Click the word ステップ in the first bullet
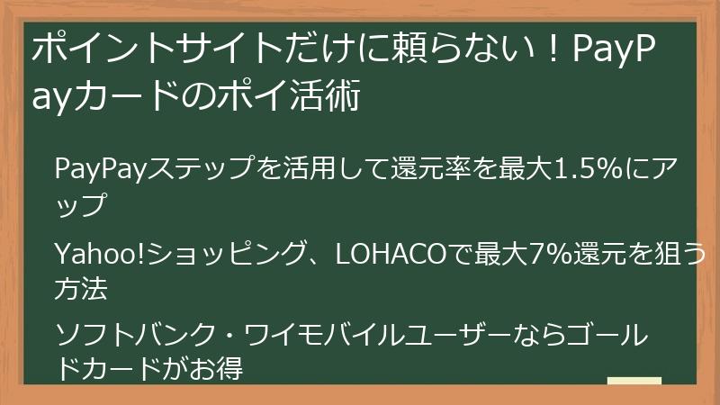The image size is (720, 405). tap(202, 168)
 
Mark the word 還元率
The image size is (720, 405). tap(423, 168)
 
